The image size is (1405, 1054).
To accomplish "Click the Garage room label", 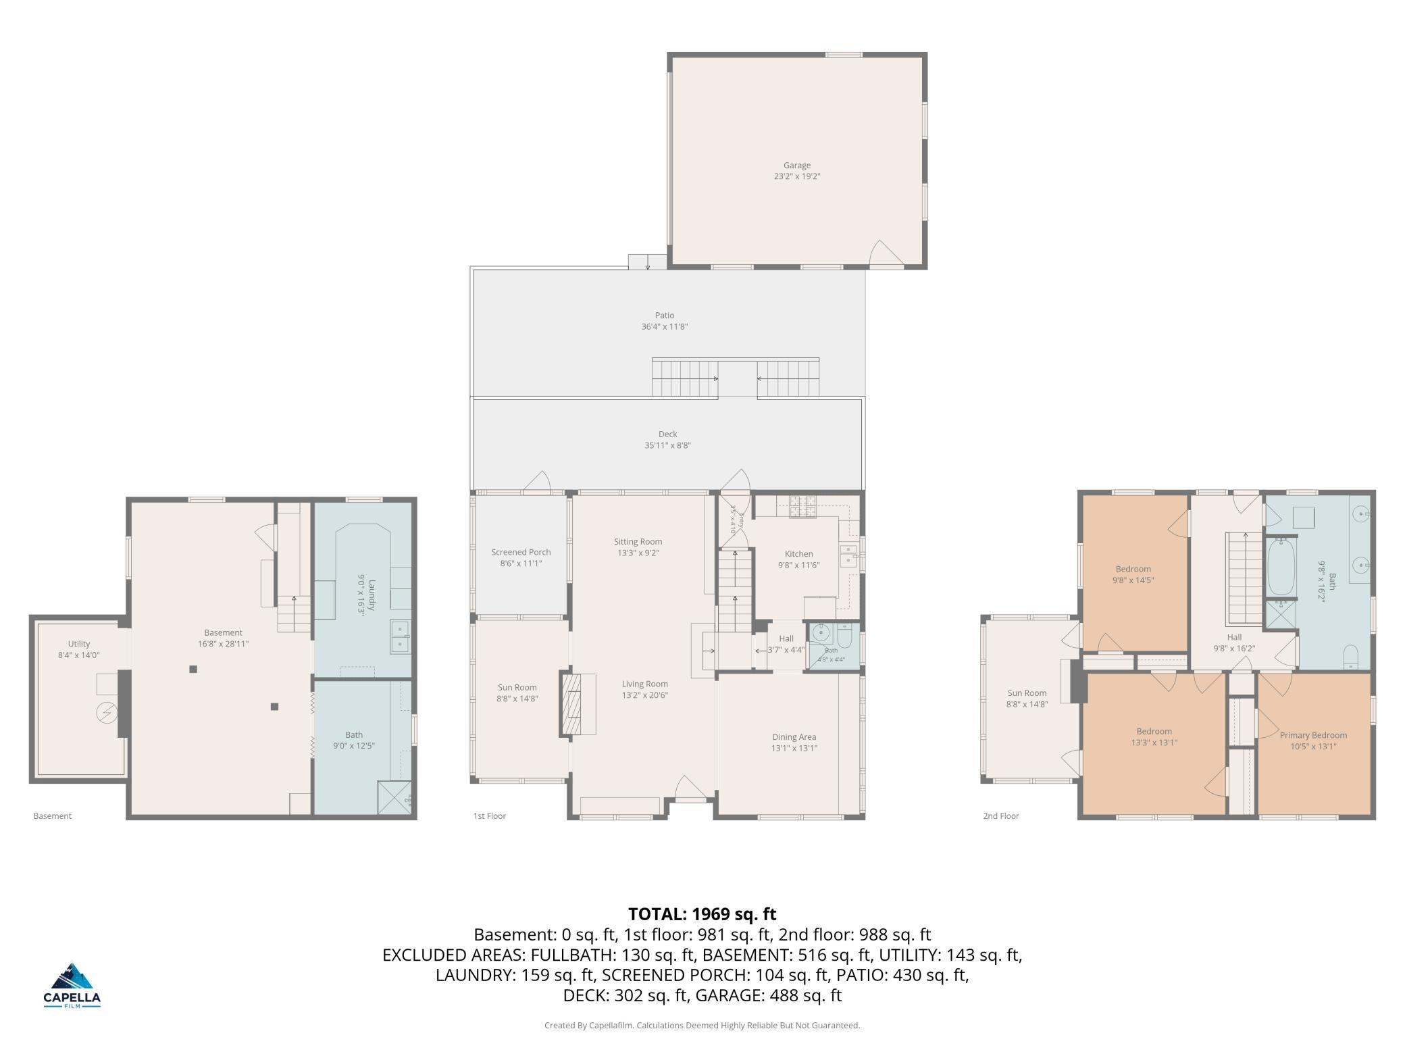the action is (x=797, y=166).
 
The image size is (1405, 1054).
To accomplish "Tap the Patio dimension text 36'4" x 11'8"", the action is (x=665, y=327).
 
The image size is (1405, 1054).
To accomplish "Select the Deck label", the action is (x=667, y=434).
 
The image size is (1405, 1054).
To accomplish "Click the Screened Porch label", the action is (x=521, y=553).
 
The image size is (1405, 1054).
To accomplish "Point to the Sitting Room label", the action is (x=638, y=542).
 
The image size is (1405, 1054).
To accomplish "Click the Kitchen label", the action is (x=798, y=554).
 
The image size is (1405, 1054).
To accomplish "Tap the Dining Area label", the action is (x=794, y=737).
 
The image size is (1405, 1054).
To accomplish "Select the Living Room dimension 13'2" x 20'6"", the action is (x=645, y=695).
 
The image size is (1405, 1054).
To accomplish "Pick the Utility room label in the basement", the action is (x=79, y=644).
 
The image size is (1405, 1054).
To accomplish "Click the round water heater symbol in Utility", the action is (x=106, y=711).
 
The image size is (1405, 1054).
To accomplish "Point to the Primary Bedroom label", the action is (x=1313, y=735).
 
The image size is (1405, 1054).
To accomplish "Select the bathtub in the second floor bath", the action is (x=1281, y=567).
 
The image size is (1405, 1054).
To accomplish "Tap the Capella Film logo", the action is (x=72, y=985).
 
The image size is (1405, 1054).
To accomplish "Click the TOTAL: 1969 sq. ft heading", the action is (x=702, y=914).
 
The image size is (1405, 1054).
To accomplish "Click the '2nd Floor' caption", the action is (x=1000, y=816).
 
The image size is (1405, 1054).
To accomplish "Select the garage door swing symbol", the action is (x=886, y=253).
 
